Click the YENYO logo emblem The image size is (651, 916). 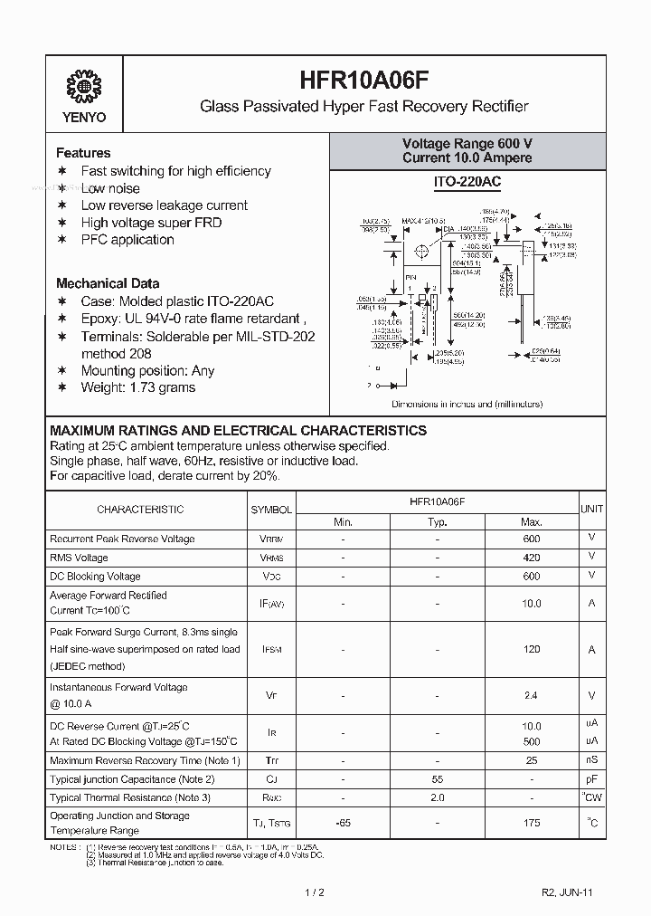pyautogui.click(x=83, y=89)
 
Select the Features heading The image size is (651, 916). pyautogui.click(x=83, y=153)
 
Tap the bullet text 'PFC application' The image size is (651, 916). pyautogui.click(x=127, y=240)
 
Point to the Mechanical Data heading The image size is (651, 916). pyautogui.click(x=108, y=283)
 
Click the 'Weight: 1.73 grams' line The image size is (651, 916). pyautogui.click(x=137, y=387)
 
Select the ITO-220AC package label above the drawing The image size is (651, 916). pyautogui.click(x=467, y=183)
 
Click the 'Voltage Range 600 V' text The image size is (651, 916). pyautogui.click(x=467, y=144)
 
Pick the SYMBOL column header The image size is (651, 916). pyautogui.click(x=271, y=510)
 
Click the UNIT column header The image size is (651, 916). pyautogui.click(x=592, y=510)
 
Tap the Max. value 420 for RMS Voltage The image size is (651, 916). pyautogui.click(x=532, y=558)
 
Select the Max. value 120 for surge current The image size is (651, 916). pyautogui.click(x=532, y=649)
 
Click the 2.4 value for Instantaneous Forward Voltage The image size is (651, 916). pyautogui.click(x=532, y=695)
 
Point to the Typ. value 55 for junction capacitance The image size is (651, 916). pyautogui.click(x=438, y=778)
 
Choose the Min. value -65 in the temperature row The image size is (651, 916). pyautogui.click(x=343, y=823)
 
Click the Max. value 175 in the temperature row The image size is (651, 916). pyautogui.click(x=532, y=823)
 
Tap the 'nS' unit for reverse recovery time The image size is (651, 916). pyautogui.click(x=592, y=760)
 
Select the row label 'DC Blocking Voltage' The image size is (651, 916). pyautogui.click(x=95, y=577)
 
